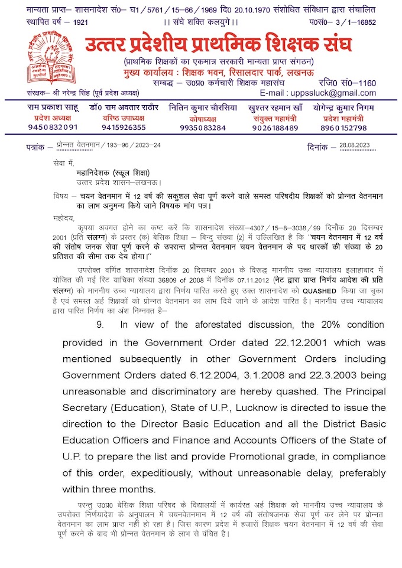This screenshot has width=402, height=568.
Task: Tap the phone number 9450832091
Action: pyautogui.click(x=54, y=128)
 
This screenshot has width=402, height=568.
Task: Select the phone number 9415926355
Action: pyautogui.click(x=124, y=128)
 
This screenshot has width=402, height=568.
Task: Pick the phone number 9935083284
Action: pyautogui.click(x=203, y=128)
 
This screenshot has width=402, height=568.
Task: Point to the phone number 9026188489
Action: pyautogui.click(x=275, y=128)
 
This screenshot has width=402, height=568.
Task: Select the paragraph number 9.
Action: pyautogui.click(x=100, y=324)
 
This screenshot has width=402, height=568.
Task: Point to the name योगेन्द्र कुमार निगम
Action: pyautogui.click(x=343, y=108)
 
